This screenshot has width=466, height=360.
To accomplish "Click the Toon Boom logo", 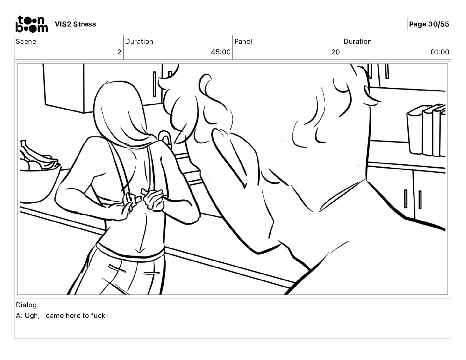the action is coord(32,24).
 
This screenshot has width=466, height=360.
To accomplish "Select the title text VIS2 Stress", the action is coord(76,24).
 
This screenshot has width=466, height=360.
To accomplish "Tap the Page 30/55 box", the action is coord(429,24).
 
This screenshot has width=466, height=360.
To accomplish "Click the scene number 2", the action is coord(119,52).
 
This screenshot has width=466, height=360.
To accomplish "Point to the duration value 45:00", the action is coord(221,52).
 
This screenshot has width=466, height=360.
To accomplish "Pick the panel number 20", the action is coord(336,52).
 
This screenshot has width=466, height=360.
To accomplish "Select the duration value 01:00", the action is coord(440,52).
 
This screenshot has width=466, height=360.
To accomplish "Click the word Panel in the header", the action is coord(243,41).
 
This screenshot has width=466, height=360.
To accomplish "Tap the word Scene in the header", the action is coord(26,41).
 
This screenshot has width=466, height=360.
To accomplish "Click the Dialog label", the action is coord(26,305).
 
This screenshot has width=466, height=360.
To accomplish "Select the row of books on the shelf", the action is coord(426,130).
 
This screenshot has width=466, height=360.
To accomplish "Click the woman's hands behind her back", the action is coord(144,199).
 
